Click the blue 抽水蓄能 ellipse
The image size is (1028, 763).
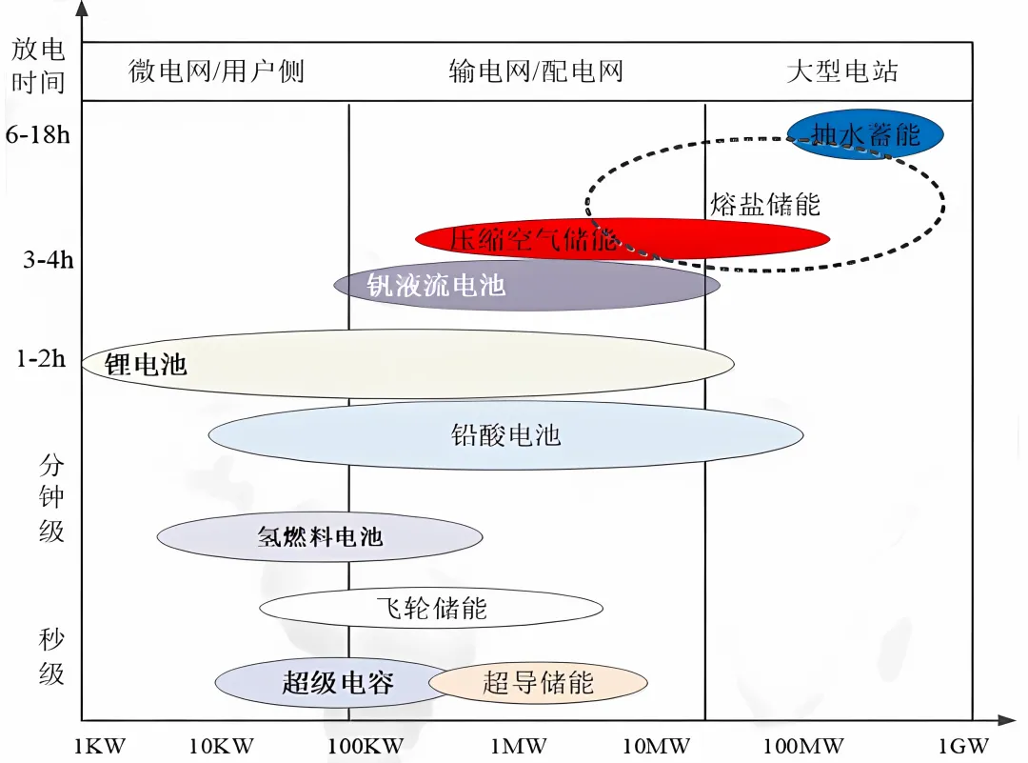865,134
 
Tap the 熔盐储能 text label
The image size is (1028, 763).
764,203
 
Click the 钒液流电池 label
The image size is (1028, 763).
436,284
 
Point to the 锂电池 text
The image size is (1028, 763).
146,364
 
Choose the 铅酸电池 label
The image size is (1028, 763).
505,435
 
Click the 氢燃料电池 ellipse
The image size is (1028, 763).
320,536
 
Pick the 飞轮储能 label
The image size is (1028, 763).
431,608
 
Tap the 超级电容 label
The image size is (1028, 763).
337,682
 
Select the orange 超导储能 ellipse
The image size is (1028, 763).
539,682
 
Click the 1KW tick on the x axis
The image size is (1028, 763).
98,746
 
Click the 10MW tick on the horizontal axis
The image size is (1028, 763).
656,746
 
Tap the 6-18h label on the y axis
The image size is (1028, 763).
38,134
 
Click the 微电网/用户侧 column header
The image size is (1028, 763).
216,71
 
